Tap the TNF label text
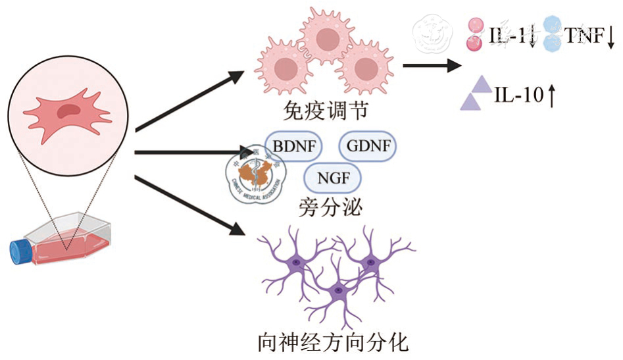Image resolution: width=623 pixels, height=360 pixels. [584, 36]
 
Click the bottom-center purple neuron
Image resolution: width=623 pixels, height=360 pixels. [337, 290]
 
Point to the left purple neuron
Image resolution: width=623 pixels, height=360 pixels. [296, 262]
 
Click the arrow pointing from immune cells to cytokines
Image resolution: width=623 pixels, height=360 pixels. [431, 65]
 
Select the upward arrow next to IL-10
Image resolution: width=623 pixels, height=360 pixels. [552, 96]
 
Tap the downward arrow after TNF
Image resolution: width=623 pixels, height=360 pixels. [611, 38]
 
